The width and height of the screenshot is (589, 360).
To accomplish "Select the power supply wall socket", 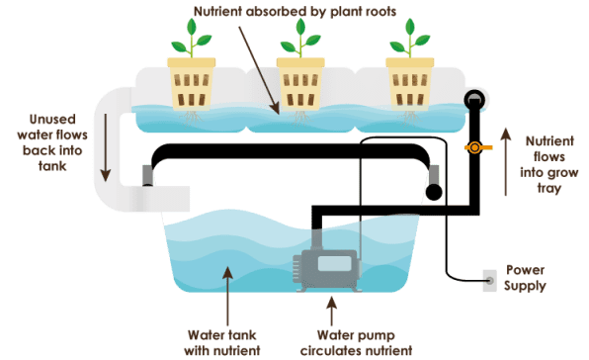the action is pyautogui.click(x=489, y=281).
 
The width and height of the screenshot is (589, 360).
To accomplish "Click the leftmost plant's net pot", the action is pyautogui.click(x=191, y=84).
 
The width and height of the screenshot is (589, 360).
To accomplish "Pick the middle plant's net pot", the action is pyautogui.click(x=300, y=84).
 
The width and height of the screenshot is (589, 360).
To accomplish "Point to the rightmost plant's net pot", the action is pyautogui.click(x=410, y=84).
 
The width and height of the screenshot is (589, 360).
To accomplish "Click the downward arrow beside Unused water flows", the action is pyautogui.click(x=106, y=147).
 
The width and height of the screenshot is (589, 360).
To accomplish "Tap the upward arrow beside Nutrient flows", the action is pyautogui.click(x=506, y=161).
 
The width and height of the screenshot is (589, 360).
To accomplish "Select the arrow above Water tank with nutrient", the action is pyautogui.click(x=227, y=296).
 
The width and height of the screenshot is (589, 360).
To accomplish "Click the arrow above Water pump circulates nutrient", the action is pyautogui.click(x=331, y=312).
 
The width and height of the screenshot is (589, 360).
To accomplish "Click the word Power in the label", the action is pyautogui.click(x=525, y=270).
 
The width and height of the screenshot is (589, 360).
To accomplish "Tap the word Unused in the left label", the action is pyautogui.click(x=52, y=120).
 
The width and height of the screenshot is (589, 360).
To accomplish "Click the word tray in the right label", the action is pyautogui.click(x=548, y=188).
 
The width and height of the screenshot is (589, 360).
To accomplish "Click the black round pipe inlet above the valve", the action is pyautogui.click(x=474, y=100).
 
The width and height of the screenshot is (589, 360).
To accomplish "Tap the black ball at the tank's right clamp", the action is pyautogui.click(x=434, y=192).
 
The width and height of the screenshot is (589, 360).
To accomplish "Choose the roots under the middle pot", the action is pyautogui.click(x=300, y=118).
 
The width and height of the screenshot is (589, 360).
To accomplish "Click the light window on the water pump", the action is pyautogui.click(x=334, y=263).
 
